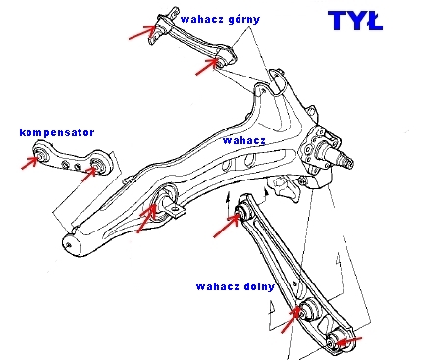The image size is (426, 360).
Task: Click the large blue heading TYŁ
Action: coord(355,21)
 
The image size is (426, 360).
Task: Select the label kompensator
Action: coord(57,132)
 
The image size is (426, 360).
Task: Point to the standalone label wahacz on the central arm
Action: coord(243,140)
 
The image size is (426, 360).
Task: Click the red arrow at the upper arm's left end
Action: coord(142,32)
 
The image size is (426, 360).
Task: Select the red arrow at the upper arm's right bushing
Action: coord(207,67)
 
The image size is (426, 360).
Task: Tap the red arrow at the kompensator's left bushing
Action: coord(29,163)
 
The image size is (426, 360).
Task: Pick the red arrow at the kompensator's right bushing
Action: coord(89,174)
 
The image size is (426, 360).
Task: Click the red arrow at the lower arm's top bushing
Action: coord(226,225)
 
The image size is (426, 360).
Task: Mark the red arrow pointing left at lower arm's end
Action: coord(348,341)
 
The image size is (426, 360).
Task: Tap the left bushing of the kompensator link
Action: coord(41,154)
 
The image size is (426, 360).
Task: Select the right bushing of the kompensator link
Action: coord(98,165)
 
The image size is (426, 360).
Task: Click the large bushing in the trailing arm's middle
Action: coord(164,204)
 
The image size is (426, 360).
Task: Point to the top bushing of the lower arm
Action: coord(244,211)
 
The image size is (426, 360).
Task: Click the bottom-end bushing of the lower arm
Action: coord(336,340)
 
